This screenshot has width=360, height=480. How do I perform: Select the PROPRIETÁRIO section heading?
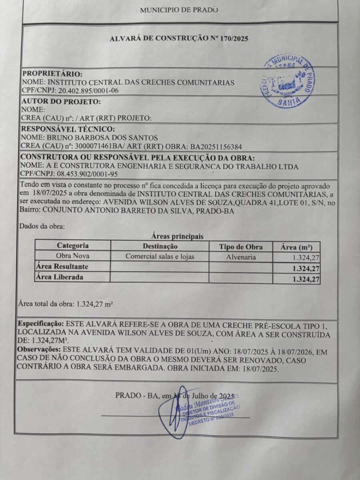coord(52,74)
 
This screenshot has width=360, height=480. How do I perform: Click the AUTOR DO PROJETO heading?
coord(61,102)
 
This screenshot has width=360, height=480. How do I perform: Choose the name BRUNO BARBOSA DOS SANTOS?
coord(95,137)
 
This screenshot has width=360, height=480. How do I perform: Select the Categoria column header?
coord(73,246)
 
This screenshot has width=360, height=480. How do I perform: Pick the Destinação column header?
coord(160,246)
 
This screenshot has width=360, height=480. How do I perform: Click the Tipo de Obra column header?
coord(241,246)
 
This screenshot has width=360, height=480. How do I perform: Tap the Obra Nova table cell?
coord(73,256)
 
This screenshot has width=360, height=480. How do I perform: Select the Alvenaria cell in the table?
coord(241,257)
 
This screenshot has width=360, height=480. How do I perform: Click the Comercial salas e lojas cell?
coord(160,256)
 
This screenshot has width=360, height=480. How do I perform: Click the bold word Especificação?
coord(41,323)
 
